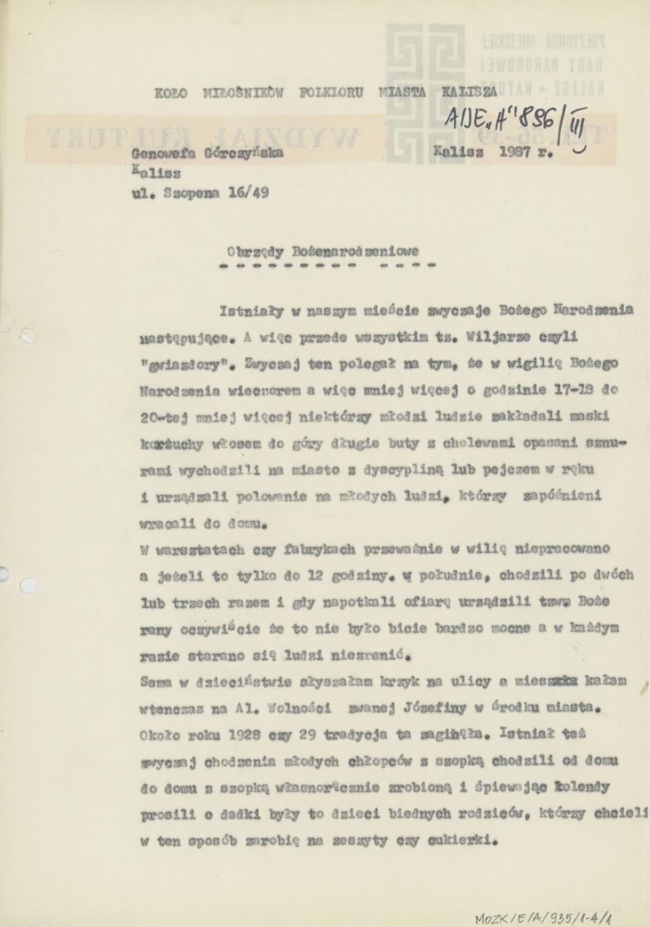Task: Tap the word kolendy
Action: pyautogui.click(x=582, y=787)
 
